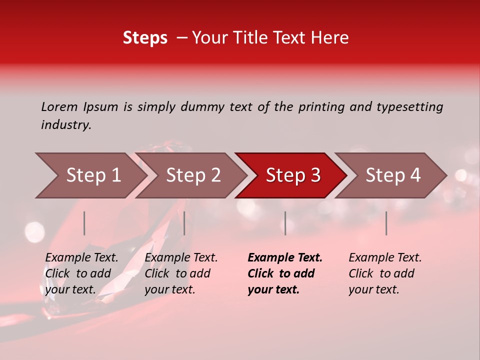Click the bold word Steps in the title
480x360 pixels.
point(145,38)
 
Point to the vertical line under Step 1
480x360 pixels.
point(84,223)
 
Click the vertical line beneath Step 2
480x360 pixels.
point(184,223)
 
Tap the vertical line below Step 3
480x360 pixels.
point(285,223)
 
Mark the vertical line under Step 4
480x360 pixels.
point(386,223)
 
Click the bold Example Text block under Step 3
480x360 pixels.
point(285,273)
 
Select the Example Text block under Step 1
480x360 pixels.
point(81,273)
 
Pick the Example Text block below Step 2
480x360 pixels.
point(181,273)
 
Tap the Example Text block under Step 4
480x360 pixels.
point(385,273)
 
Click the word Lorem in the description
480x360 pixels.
point(59,107)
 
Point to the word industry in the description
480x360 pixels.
point(66,125)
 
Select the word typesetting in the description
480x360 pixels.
point(409,107)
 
